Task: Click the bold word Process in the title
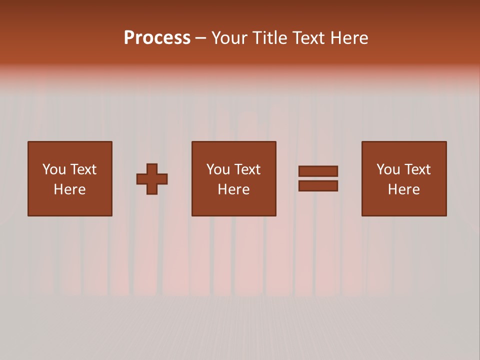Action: tap(157, 38)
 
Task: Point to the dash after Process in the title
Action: tap(201, 38)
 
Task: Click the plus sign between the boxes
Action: tap(152, 179)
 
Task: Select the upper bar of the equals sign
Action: tap(318, 171)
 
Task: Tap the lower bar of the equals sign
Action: tap(318, 186)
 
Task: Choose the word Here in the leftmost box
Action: tap(69, 189)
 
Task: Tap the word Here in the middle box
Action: tap(233, 189)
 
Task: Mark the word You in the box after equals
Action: tap(388, 169)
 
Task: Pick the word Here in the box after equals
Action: tap(403, 189)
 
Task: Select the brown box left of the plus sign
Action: tap(69, 205)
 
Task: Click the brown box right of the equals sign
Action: tap(403, 205)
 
